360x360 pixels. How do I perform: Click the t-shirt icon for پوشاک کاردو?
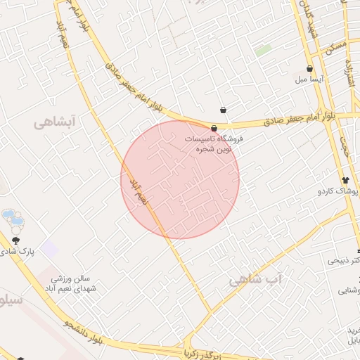click(345, 179)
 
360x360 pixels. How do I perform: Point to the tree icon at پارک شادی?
click(15, 240)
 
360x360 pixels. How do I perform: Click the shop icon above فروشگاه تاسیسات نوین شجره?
click(214, 128)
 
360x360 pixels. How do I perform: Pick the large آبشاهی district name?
click(53, 122)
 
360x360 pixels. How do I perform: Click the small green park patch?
click(264, 51)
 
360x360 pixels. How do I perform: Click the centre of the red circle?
click(180, 179)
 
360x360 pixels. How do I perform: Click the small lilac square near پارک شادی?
click(49, 248)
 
